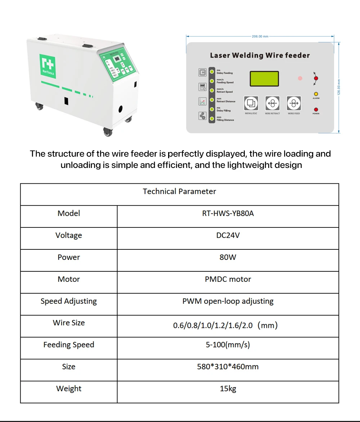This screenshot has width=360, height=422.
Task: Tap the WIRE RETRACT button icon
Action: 273,103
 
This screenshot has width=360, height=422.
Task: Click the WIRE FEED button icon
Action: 294,103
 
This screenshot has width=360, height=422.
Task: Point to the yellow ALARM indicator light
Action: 316,94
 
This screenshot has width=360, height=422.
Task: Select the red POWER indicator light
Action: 316,109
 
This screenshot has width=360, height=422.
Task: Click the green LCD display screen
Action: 264,79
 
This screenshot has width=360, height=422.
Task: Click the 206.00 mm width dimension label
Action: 260,36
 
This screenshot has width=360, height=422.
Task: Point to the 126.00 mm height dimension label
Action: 339,88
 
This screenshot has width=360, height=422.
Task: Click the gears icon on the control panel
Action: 202,116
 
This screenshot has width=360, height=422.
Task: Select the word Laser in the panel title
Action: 220,55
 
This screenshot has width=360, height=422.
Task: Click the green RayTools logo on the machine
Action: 47,65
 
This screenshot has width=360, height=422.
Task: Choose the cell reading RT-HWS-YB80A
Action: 228,213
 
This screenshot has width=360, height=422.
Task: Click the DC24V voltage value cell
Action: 228,235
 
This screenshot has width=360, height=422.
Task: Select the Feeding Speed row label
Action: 69,345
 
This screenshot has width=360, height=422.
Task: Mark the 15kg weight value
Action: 228,388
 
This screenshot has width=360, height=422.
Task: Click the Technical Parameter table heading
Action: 179,191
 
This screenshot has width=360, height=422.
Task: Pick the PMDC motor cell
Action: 228,279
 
